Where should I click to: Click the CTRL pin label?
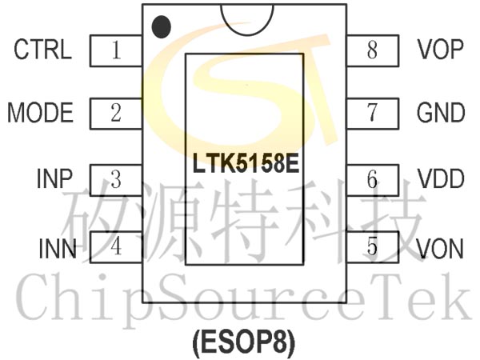pos(42,50)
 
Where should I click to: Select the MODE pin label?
pos(40,113)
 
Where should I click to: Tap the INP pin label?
pos(54,178)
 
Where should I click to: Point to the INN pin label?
pos(57,249)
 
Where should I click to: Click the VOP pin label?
pos(440,50)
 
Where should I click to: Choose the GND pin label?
pos(441,113)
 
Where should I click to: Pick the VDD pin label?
pos(440,178)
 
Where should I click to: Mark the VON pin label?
pos(440,249)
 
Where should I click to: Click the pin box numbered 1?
pos(116,51)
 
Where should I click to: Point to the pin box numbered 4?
pos(116,246)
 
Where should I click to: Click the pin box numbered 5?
pos(372,246)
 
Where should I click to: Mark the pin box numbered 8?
pos(372,51)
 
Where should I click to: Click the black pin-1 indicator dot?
pos(162,26)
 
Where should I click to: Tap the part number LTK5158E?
pos(245,166)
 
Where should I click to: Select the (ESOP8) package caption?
pos(243,342)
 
